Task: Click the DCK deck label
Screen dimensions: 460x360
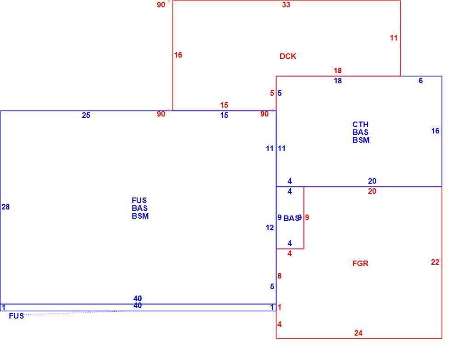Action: click(288, 56)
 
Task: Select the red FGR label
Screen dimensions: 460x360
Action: click(360, 263)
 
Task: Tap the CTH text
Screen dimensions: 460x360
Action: click(361, 124)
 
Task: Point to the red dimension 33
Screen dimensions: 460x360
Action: click(286, 5)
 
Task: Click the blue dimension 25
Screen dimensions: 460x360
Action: click(86, 116)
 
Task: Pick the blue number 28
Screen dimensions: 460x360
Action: click(6, 207)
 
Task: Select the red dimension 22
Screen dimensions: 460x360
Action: click(435, 262)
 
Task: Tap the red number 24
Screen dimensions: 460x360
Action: click(358, 333)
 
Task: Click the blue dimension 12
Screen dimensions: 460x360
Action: click(270, 227)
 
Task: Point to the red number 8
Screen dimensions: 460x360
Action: click(279, 276)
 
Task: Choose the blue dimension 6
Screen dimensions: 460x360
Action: click(421, 81)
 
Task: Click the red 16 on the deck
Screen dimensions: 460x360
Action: click(178, 55)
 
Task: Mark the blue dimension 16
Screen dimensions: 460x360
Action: click(435, 131)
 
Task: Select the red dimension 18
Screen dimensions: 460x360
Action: click(338, 71)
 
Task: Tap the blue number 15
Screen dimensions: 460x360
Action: click(224, 116)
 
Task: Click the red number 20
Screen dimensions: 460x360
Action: click(372, 192)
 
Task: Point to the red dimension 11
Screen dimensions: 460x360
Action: click(394, 38)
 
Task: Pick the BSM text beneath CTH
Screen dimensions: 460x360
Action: click(361, 140)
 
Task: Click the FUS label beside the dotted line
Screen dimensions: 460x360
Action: click(17, 316)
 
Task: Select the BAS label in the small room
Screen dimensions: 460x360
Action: click(291, 219)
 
